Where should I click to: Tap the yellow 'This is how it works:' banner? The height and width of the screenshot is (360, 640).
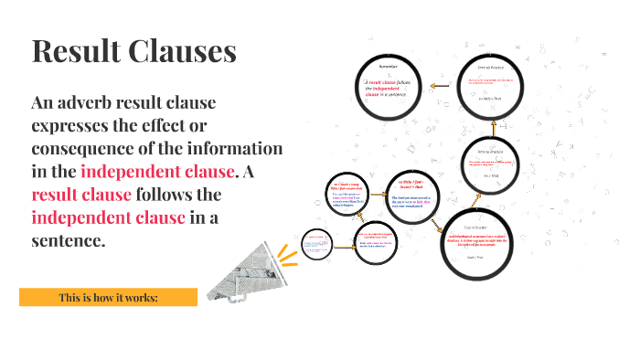click(108, 298)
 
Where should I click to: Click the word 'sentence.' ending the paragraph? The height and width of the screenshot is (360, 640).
click(69, 240)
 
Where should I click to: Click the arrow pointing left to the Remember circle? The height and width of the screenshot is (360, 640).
click(441, 88)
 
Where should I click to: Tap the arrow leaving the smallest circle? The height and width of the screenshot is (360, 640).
click(343, 245)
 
